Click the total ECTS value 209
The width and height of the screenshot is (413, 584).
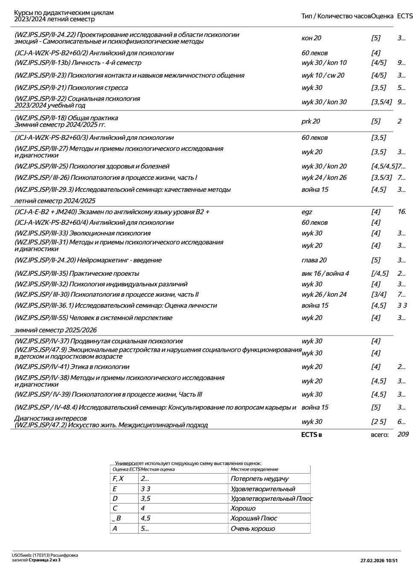coord(402,434)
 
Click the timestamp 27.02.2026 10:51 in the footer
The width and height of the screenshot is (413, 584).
coord(379,561)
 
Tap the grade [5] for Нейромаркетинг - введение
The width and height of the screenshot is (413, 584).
coord(375,260)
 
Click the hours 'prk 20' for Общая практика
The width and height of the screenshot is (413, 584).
coord(311,121)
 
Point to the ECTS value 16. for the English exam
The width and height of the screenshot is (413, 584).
coord(401,212)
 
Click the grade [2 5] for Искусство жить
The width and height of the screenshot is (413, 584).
coord(378,422)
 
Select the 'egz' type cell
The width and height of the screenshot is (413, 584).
coord(307,212)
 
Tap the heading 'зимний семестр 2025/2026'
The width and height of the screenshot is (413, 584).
coord(55,330)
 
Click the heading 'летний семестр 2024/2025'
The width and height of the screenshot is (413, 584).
coord(55,201)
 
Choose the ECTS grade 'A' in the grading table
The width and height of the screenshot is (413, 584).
coord(115,529)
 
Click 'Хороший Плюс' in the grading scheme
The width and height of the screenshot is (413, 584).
coord(254,518)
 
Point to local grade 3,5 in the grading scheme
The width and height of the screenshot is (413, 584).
coord(145,499)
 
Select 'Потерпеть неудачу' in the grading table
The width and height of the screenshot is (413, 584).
coord(259,479)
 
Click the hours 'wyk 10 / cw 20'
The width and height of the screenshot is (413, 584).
coord(323,75)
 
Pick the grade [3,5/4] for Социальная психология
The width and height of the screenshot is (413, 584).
coord(381,102)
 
